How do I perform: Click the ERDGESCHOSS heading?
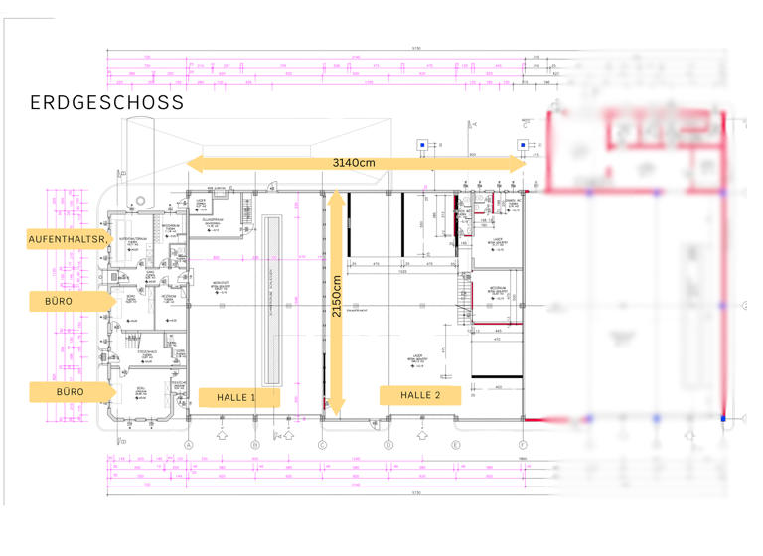[x=106, y=102]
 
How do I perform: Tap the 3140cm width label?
[x=354, y=163]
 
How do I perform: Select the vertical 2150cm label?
[x=337, y=297]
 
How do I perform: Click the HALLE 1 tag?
[x=236, y=397]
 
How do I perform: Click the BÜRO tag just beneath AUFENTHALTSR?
[x=59, y=300]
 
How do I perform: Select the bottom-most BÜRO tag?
[x=70, y=392]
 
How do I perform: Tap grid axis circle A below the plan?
[x=188, y=445]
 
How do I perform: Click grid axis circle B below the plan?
[x=255, y=445]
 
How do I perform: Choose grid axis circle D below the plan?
[x=389, y=445]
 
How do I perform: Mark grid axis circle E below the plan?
[x=456, y=445]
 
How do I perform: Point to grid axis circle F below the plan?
[x=524, y=445]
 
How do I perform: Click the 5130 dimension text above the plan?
[x=415, y=49]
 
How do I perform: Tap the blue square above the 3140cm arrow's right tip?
[x=523, y=145]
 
